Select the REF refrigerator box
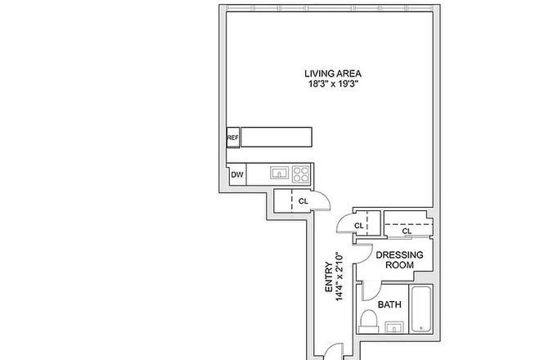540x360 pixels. [233, 137]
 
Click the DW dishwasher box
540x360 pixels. [237, 174]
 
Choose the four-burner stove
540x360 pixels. [301, 173]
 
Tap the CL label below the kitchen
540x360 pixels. [303, 200]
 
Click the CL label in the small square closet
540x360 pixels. [358, 226]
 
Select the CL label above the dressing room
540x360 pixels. [407, 231]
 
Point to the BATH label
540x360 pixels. [389, 305]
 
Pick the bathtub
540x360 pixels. [422, 312]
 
